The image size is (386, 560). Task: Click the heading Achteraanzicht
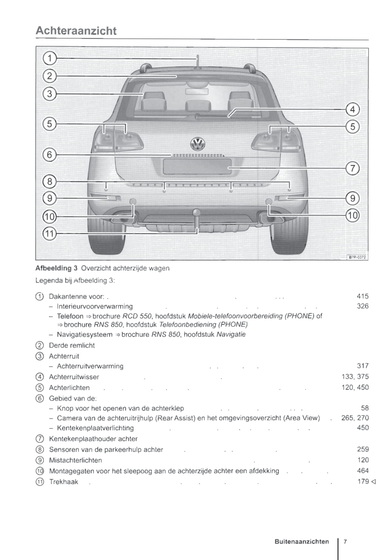pyautogui.click(x=76, y=30)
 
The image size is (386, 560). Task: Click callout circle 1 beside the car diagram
pyautogui.click(x=50, y=58)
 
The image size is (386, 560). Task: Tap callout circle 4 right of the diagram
pyautogui.click(x=353, y=109)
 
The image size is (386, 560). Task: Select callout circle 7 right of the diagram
pyautogui.click(x=353, y=168)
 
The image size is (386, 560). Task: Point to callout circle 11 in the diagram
pyautogui.click(x=49, y=233)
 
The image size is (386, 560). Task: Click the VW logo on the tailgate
pyautogui.click(x=198, y=144)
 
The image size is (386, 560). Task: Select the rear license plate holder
pyautogui.click(x=197, y=166)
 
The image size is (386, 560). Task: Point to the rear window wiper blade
pyautogui.click(x=223, y=117)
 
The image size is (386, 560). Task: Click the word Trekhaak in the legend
pyautogui.click(x=64, y=482)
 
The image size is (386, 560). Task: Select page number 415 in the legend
pyautogui.click(x=363, y=296)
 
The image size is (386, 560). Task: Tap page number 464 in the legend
pyautogui.click(x=363, y=471)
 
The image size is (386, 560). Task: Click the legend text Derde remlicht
pyautogui.click(x=72, y=345)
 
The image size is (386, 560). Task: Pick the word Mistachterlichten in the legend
pyautogui.click(x=75, y=460)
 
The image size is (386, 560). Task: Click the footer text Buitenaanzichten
pyautogui.click(x=301, y=541)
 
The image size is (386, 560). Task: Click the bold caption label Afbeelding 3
pyautogui.click(x=54, y=268)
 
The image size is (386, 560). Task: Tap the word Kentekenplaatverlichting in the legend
pyautogui.click(x=95, y=428)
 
